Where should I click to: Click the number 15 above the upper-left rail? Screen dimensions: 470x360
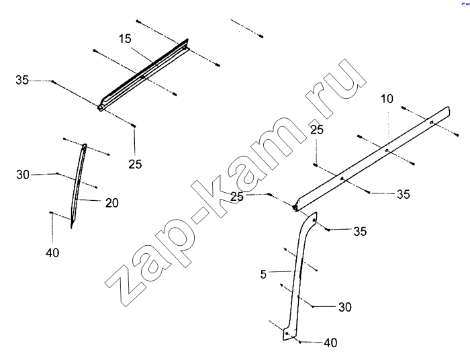pos(125,39)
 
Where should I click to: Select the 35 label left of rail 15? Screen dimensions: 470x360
pos(22,80)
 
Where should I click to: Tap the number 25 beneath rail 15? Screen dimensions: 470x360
pos(135,164)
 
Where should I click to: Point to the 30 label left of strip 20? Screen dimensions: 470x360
pos(23,175)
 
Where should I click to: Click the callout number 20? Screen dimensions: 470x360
pos(112,203)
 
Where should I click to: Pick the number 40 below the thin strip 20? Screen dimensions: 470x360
pos(52,253)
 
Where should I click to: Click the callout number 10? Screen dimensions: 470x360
pos(387,99)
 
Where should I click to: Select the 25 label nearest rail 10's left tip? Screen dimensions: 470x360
pos(237,197)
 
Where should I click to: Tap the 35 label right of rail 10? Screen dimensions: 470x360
pos(403,194)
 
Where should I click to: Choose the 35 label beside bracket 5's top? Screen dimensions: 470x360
pos(360,231)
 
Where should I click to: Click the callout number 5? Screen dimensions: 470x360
pos(263,274)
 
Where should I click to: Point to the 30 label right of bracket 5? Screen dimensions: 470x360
pos(344,307)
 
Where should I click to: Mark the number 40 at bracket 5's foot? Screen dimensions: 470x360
pos(330,343)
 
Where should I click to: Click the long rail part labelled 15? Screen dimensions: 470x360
pos(143,75)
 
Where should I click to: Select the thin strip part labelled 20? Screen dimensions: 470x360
pos(79,186)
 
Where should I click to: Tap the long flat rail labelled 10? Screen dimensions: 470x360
pos(372,159)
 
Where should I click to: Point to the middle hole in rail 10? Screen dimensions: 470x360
pos(387,150)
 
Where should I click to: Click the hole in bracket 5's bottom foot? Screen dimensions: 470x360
pos(287,333)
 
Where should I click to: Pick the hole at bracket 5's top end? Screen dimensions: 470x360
pos(314,220)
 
